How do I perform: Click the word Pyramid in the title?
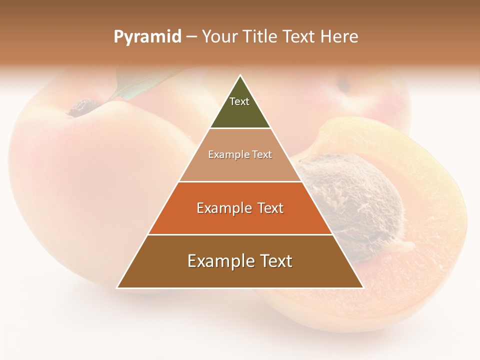pos(147,37)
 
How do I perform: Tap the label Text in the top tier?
pos(239,101)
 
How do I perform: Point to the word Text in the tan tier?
pos(261,154)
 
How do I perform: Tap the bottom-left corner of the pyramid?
pos(117,287)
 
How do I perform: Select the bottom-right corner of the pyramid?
pos(363,287)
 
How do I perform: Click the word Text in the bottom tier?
pos(272,261)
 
